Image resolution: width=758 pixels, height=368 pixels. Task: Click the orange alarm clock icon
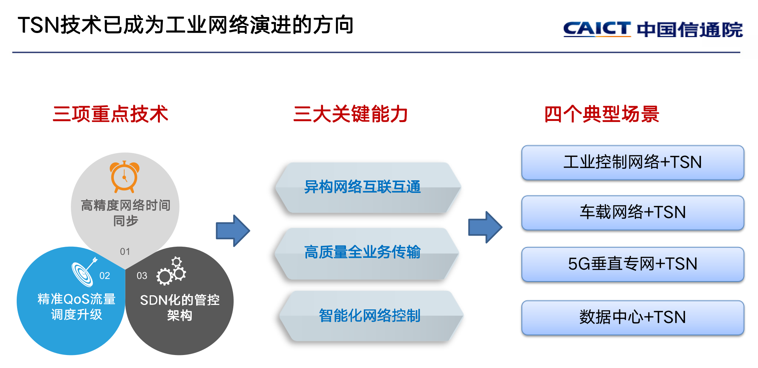pos(125,177)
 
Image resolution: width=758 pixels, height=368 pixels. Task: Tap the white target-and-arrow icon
pos(84,272)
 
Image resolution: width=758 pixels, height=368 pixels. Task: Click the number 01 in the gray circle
pos(125,252)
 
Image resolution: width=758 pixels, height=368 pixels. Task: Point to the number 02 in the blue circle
pos(105,276)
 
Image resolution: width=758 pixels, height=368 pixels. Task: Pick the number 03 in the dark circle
pos(142,276)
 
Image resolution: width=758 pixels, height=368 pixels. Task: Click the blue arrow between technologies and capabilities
pos(233,231)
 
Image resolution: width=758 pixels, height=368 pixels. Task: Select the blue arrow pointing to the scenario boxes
pos(485,227)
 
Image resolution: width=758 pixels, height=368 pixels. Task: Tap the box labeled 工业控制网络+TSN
pos(633,163)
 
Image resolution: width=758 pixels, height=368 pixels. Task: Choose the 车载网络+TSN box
pos(633,213)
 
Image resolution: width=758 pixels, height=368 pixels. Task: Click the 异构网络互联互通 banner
pos(368,187)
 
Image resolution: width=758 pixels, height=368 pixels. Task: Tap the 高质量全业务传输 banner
pos(367,253)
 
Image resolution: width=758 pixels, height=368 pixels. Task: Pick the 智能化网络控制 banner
pos(371,316)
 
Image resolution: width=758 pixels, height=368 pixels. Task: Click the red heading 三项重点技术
pos(111,114)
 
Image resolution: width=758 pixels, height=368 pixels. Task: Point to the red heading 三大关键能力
pos(350,114)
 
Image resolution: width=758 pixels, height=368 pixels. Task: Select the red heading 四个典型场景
pos(602,114)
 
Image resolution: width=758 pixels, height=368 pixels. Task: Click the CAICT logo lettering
pos(597,29)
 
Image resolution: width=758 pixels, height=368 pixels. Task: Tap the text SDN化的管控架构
pos(180,308)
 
